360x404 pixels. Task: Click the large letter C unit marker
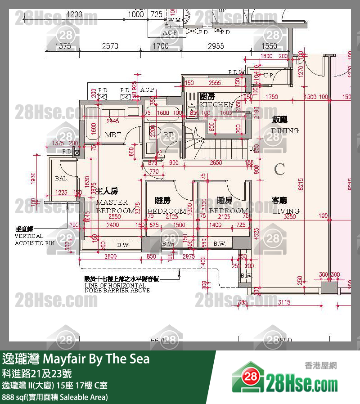coord(279,169)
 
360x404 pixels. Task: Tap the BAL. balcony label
coord(61,178)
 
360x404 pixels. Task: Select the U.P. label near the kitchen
coord(269,75)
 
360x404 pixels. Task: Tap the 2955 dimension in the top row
coord(216,46)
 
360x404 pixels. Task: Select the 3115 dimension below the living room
coord(284,303)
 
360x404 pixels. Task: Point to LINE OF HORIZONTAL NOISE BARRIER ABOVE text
coord(117,285)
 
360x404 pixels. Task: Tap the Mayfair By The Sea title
coord(76,359)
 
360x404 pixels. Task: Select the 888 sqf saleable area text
coord(55,397)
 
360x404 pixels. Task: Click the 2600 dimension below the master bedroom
coord(110,256)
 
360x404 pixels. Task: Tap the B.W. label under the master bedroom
coord(123,245)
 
